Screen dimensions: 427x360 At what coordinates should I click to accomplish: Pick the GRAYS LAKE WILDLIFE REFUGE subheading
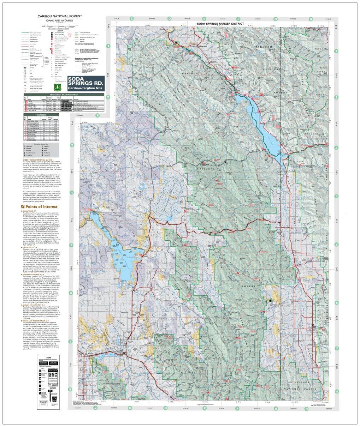(38, 320)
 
